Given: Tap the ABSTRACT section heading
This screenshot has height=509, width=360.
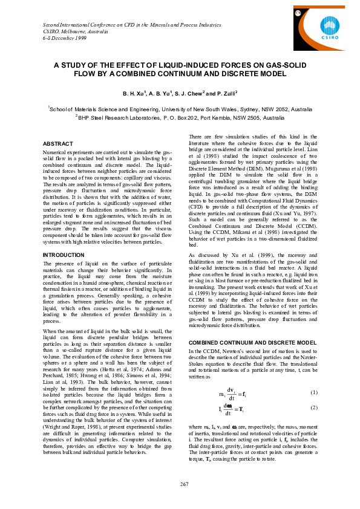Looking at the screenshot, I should click(x=59, y=143).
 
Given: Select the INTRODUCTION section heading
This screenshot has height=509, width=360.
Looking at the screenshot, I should click(x=64, y=272).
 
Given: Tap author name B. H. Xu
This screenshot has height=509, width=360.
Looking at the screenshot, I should click(x=134, y=94).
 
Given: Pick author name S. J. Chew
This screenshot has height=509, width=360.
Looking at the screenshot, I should click(x=192, y=94).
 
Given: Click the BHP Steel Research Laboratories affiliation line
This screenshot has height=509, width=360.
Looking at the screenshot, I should click(x=180, y=118).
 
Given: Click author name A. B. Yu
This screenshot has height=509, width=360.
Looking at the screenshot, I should click(x=162, y=94).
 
